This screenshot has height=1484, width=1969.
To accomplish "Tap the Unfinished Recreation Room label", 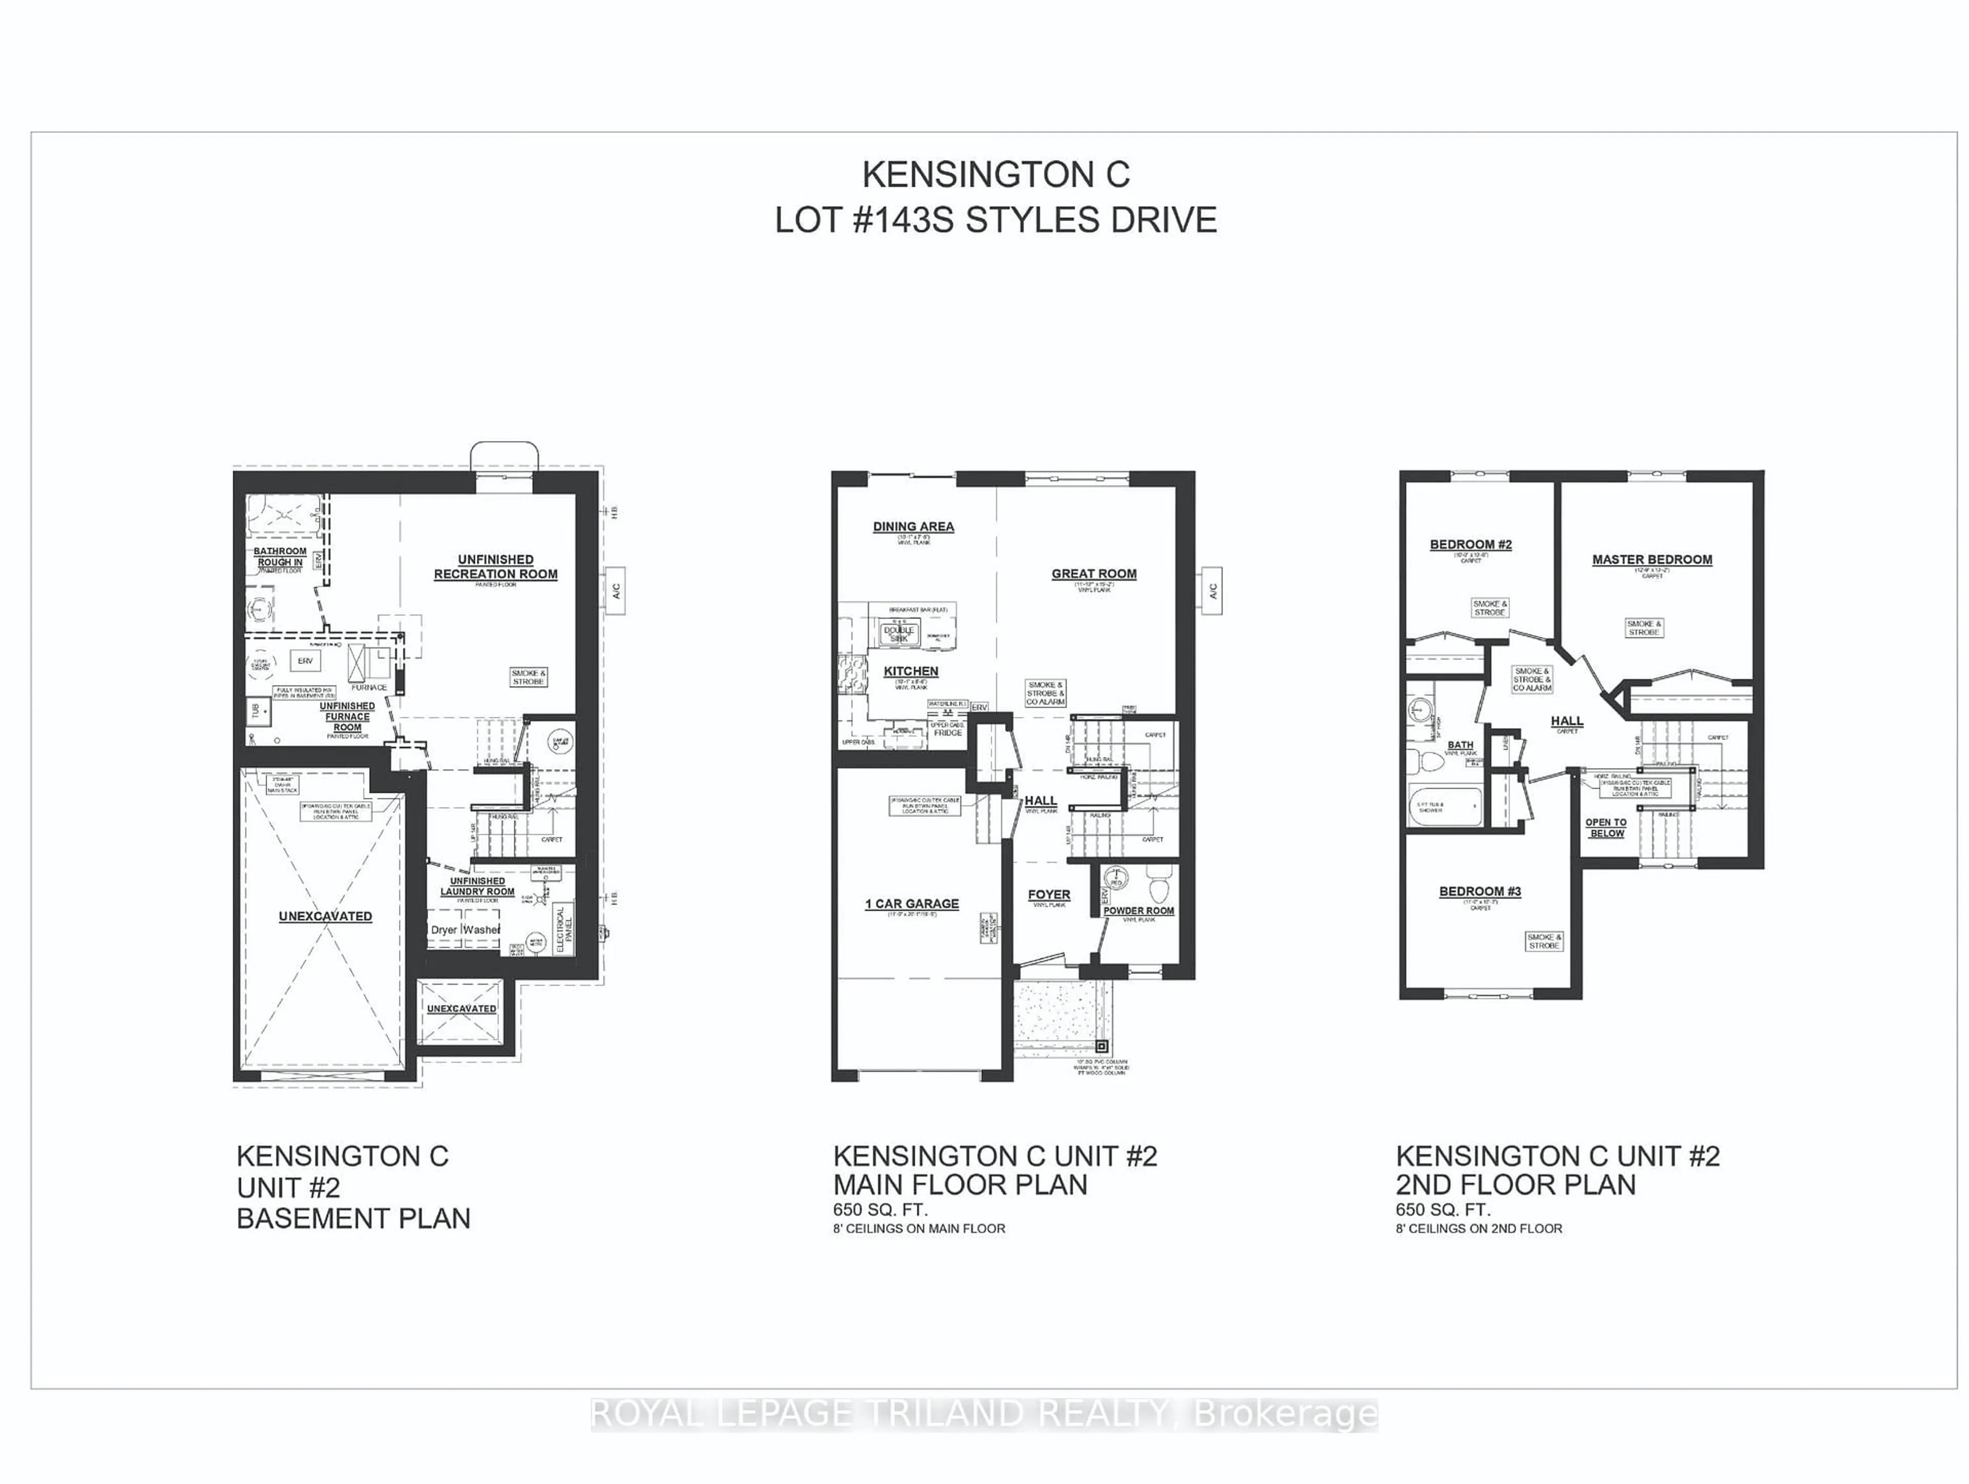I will pyautogui.click(x=496, y=567).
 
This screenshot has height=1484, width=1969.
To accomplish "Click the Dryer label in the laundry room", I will pyautogui.click(x=444, y=929).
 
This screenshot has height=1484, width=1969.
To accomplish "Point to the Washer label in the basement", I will pyautogui.click(x=481, y=929).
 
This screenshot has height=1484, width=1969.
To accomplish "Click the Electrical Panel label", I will pyautogui.click(x=561, y=929).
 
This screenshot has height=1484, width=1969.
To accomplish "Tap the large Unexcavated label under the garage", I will pyautogui.click(x=325, y=916).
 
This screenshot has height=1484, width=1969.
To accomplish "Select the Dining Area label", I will pyautogui.click(x=913, y=527).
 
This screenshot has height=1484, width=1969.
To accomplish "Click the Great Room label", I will pyautogui.click(x=1094, y=574).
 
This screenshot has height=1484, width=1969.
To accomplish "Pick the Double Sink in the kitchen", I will pyautogui.click(x=898, y=634).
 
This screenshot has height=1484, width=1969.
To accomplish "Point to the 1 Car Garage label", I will pyautogui.click(x=912, y=904).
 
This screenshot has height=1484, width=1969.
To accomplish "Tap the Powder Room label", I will pyautogui.click(x=1138, y=911).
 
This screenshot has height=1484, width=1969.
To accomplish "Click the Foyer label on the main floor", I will pyautogui.click(x=1049, y=895).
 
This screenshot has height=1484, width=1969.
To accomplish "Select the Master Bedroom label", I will pyautogui.click(x=1652, y=560).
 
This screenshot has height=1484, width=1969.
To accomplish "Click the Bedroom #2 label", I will pyautogui.click(x=1471, y=545).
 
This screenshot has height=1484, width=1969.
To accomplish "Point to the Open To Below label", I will pyautogui.click(x=1606, y=828).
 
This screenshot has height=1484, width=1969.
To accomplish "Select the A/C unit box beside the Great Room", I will pyautogui.click(x=1212, y=590).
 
